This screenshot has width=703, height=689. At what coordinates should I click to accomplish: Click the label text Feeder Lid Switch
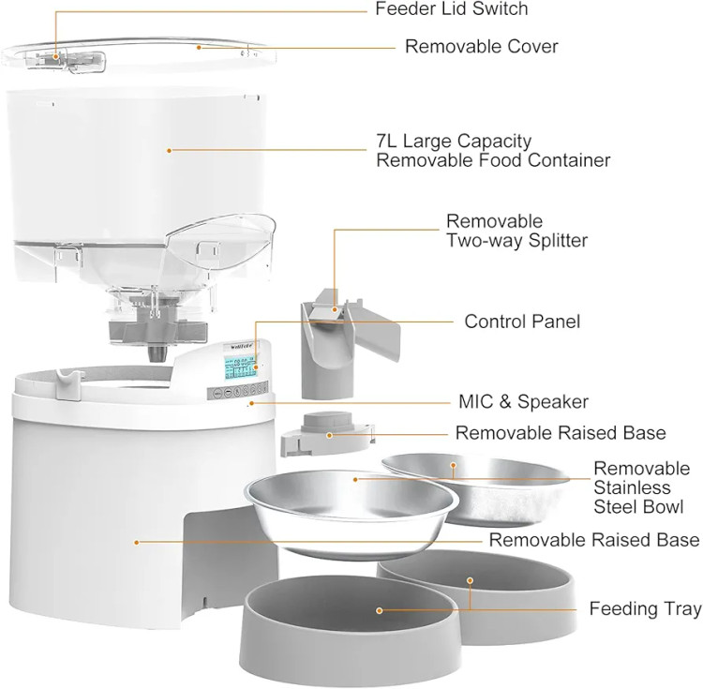451,9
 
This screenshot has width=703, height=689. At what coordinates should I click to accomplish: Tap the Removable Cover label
481,46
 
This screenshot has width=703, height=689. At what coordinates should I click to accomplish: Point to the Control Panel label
522,322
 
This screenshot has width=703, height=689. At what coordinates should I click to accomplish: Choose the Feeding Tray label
645,609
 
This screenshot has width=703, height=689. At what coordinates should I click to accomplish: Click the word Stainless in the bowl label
632,487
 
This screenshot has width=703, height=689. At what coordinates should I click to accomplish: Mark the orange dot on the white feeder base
137,541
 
